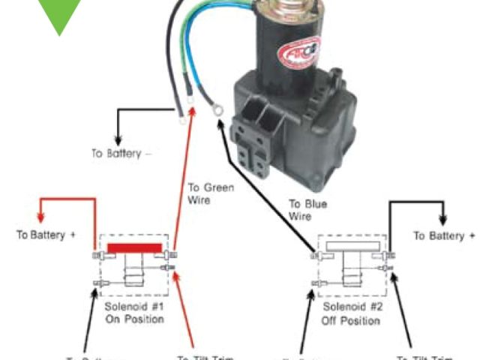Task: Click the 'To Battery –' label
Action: click(121, 153)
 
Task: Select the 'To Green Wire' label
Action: click(211, 193)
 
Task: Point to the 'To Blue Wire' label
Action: click(308, 210)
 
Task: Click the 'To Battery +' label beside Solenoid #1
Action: click(46, 234)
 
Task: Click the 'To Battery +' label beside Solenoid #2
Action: click(445, 235)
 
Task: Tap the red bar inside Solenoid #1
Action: click(134, 247)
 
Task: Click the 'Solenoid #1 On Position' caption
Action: click(135, 313)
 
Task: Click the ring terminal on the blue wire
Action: click(218, 111)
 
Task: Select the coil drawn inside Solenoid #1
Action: click(134, 273)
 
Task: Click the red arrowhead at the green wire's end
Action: click(193, 113)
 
